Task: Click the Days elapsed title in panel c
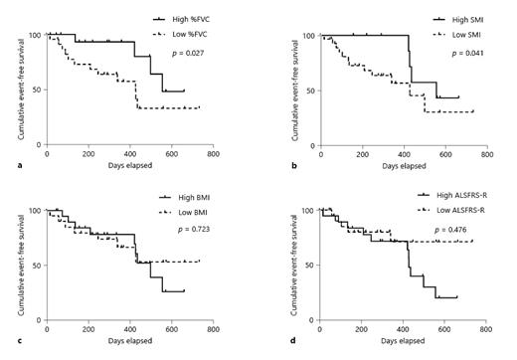pos(131,341)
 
